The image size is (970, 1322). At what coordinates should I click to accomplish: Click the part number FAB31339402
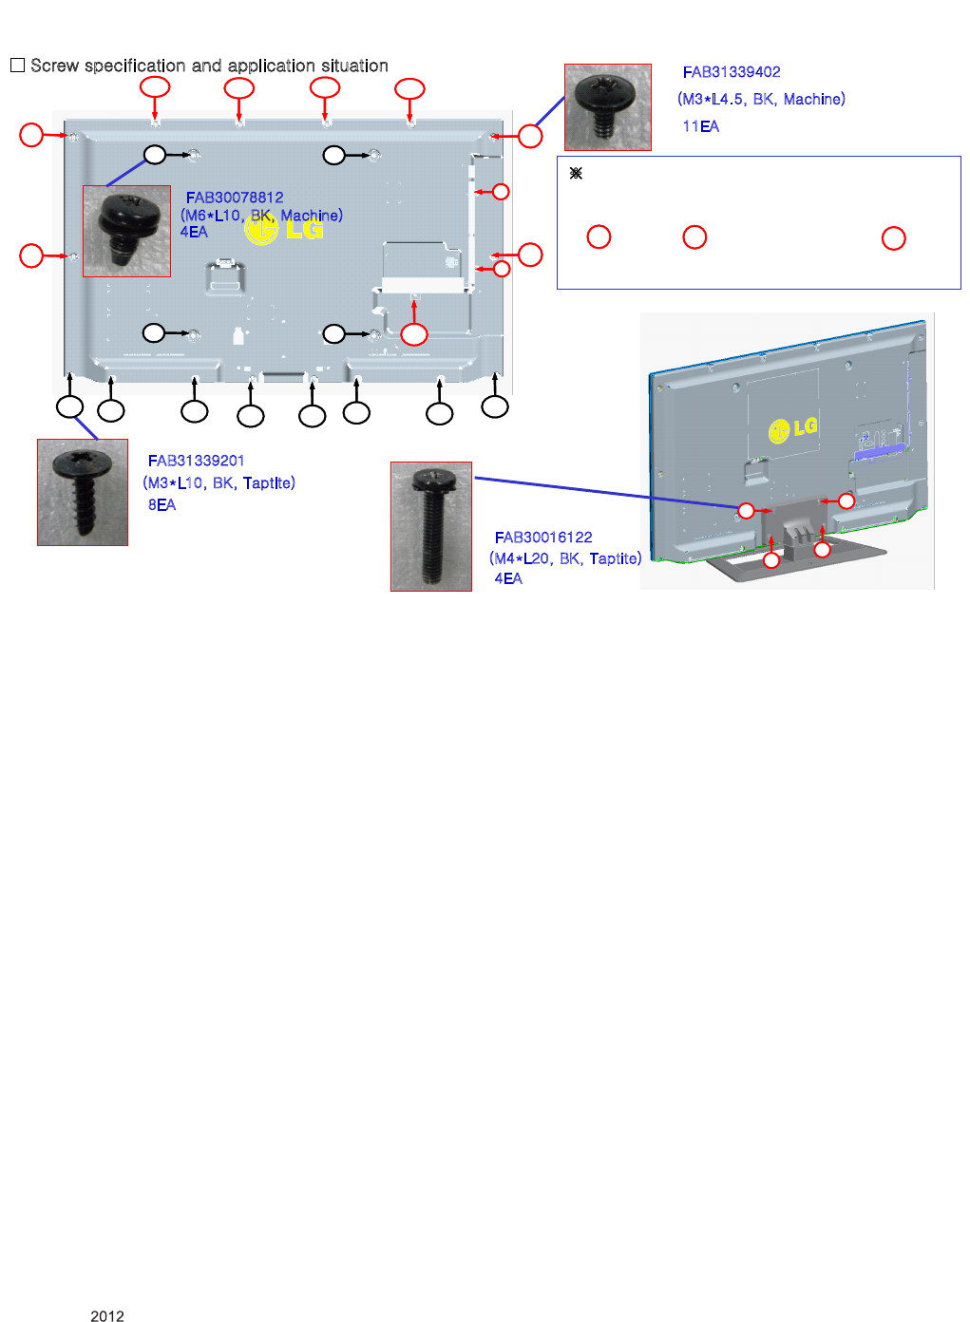tap(731, 72)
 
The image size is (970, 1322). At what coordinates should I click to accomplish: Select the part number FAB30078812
tap(235, 198)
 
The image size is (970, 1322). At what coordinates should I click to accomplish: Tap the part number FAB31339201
tap(196, 461)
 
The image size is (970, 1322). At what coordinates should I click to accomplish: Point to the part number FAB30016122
tap(542, 538)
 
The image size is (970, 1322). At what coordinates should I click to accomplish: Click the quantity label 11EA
tap(700, 126)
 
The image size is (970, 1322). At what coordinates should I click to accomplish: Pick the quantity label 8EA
tap(162, 505)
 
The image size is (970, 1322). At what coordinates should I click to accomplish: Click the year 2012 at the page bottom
tap(107, 1315)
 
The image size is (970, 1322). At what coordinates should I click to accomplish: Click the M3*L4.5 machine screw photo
tap(607, 107)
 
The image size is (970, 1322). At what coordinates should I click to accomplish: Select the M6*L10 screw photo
tap(126, 231)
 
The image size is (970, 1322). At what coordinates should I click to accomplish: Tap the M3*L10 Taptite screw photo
tap(83, 492)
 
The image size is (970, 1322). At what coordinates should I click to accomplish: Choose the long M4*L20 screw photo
tap(431, 526)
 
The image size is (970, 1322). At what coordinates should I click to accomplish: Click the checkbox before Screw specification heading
tap(17, 66)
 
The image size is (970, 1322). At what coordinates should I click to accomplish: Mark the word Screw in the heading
tap(54, 66)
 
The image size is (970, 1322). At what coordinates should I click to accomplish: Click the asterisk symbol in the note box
tap(576, 174)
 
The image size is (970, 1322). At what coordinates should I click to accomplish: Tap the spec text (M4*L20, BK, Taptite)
tap(565, 558)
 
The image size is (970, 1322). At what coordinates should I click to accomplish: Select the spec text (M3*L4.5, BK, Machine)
tap(761, 99)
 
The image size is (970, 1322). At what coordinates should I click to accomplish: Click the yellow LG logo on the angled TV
tap(792, 429)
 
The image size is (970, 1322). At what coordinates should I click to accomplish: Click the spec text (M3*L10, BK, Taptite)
tap(219, 483)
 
